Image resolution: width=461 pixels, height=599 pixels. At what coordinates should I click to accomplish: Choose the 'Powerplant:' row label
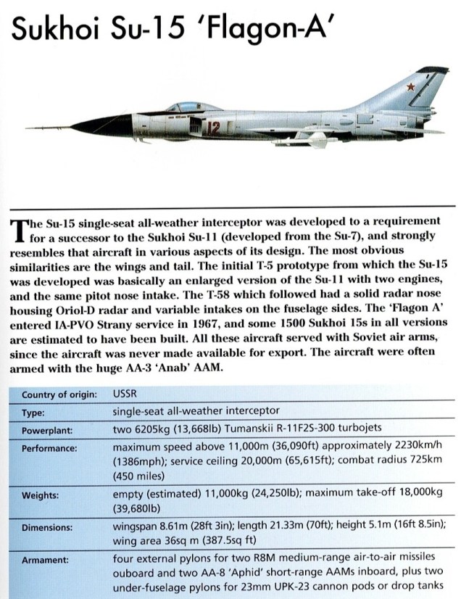(x=46, y=428)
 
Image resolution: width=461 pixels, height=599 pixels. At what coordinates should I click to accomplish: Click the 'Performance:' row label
(x=49, y=448)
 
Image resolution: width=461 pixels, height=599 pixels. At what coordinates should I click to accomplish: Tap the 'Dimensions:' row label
(x=47, y=528)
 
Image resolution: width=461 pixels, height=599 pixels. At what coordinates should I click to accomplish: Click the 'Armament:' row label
(x=46, y=560)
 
